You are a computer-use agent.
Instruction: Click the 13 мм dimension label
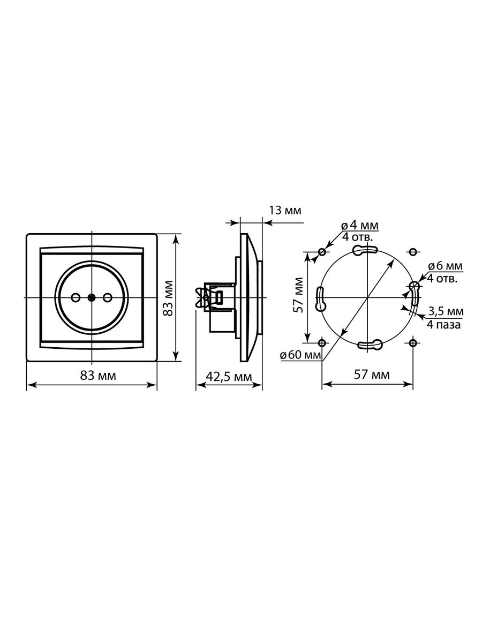point(285,211)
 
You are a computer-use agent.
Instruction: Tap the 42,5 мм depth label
point(229,377)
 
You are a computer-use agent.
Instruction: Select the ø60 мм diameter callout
point(300,355)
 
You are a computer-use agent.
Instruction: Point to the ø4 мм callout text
point(360,226)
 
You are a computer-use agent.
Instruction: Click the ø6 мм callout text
point(445,266)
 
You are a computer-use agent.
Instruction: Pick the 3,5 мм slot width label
point(446,311)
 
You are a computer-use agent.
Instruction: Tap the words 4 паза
point(443,325)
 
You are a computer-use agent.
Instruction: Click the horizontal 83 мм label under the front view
point(98,376)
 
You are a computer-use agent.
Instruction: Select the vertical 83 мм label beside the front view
point(168,298)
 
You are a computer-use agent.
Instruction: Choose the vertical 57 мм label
point(299,295)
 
